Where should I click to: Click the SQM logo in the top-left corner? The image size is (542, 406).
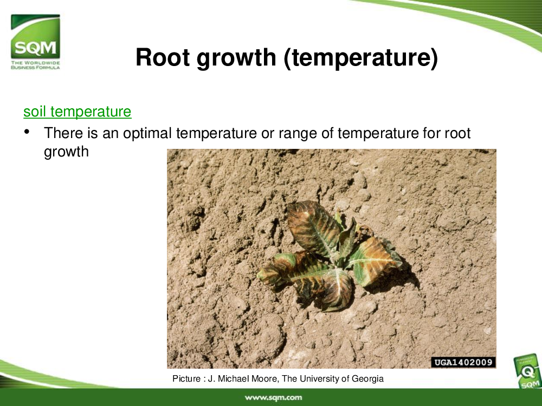tap(35, 42)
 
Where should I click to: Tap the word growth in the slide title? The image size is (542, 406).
tap(236, 58)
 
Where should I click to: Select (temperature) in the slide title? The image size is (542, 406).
tap(361, 58)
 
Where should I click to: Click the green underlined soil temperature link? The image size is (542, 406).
tap(78, 112)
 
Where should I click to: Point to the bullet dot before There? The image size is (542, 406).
tap(27, 132)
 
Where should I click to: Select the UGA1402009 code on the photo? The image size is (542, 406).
tap(463, 362)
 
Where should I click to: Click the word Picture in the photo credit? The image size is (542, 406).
tap(186, 379)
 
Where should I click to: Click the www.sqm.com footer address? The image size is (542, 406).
tap(273, 397)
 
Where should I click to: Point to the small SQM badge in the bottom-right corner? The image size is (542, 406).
tap(527, 372)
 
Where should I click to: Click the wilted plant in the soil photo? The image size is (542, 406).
tap(330, 256)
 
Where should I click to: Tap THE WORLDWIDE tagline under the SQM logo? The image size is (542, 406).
tap(35, 63)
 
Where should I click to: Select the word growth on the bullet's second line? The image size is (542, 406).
tap(66, 152)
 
